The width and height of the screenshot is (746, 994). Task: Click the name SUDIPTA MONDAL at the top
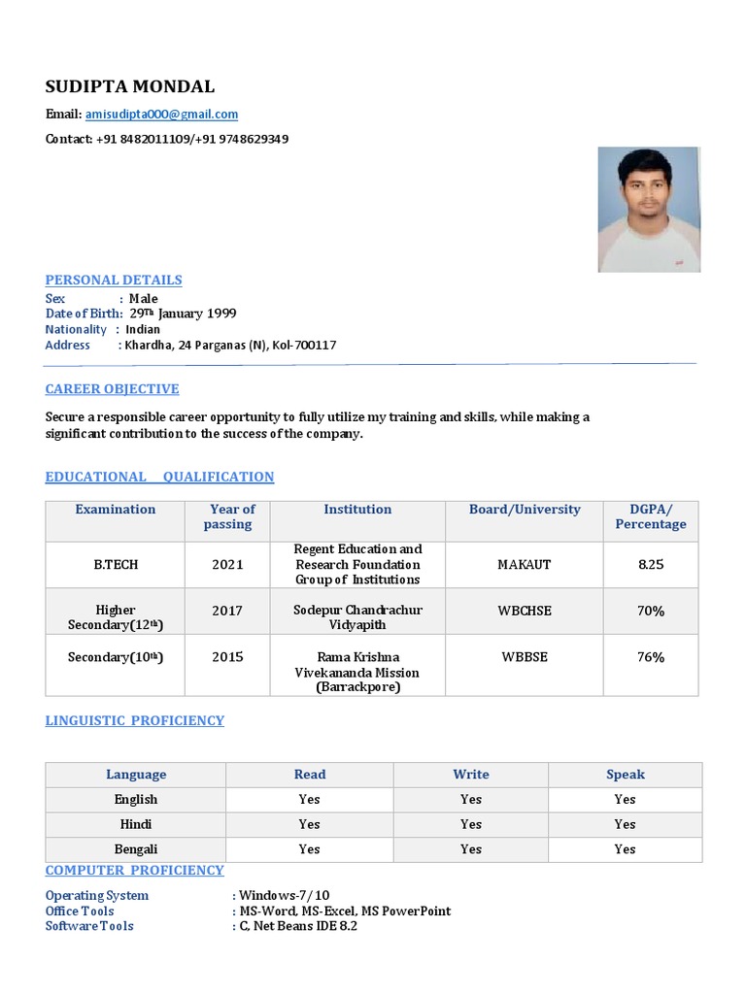point(130,86)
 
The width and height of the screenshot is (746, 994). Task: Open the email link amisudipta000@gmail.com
point(161,115)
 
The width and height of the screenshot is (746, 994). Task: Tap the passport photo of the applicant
point(648,209)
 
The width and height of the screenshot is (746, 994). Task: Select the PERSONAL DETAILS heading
point(114,280)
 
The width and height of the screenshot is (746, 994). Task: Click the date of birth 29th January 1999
point(183,314)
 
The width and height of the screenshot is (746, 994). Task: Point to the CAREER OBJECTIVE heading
point(112,389)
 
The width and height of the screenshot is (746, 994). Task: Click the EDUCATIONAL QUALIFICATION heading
point(159,477)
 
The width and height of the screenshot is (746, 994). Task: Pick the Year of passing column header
point(227,516)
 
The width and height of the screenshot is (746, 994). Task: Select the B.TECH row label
point(115,564)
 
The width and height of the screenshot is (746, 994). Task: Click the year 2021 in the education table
point(227,564)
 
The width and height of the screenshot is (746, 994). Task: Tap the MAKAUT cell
point(525,564)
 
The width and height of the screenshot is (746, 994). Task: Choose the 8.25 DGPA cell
point(650,564)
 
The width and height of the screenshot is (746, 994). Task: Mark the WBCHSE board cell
point(525,611)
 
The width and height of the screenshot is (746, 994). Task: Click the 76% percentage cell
point(650,657)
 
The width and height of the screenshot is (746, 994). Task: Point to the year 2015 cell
point(227,657)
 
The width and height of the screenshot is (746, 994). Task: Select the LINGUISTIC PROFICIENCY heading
point(134,720)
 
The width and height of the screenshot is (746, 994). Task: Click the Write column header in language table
point(470,775)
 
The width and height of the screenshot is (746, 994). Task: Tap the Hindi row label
point(135,824)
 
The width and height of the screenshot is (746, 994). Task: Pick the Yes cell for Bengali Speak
point(625,849)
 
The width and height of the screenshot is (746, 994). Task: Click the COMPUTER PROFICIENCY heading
point(134,871)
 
